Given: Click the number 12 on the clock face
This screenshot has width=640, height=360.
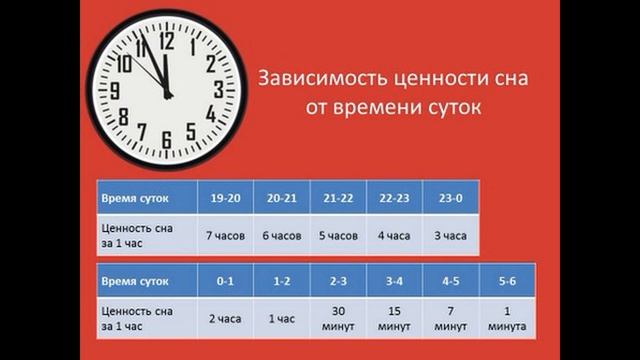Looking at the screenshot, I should coord(166,41).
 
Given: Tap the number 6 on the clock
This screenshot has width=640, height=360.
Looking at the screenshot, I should coord(166,139).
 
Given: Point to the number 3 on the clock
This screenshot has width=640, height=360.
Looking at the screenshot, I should coord(218,89).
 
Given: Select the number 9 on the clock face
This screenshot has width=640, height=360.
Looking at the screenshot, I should coord(115,90).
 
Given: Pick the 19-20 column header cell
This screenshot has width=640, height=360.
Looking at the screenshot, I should coord(225,198).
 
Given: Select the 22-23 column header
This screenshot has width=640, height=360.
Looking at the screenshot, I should coord(394,198).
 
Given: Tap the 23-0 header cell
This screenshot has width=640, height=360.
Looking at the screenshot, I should coord(450,198).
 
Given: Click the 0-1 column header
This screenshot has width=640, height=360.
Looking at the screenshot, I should coord(225,281).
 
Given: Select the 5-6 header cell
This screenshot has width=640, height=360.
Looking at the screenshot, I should coord(507,281).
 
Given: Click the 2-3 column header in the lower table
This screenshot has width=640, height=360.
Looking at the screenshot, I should coord(338,281).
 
